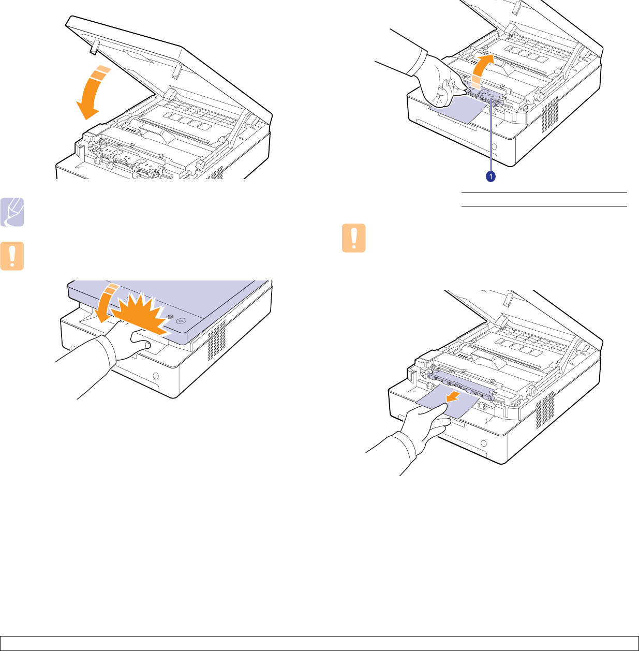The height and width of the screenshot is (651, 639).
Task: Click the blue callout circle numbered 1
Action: click(490, 177)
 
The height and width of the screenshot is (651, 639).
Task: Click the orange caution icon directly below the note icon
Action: click(12, 256)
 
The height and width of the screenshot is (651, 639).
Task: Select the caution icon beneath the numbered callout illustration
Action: click(354, 238)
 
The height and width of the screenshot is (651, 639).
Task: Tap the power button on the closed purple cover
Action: click(180, 321)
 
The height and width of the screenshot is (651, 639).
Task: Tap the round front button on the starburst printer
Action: click(154, 375)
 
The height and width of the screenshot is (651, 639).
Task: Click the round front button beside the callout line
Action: click(494, 146)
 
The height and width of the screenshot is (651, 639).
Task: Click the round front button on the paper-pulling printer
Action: click(484, 443)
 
